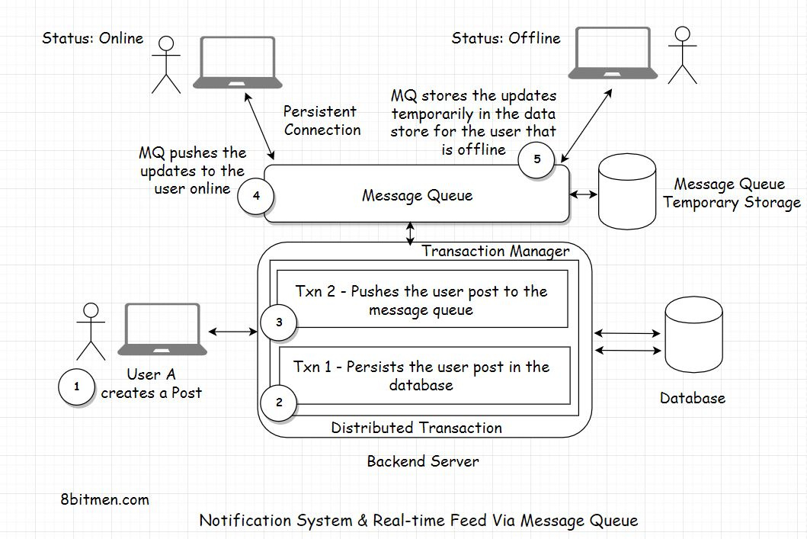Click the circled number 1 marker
click(76, 387)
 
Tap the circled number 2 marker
click(279, 402)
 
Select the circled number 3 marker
click(279, 322)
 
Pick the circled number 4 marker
click(256, 196)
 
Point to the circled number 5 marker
click(537, 159)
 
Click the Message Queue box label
click(417, 196)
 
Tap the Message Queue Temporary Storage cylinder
click(629, 193)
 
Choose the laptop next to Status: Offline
click(613, 53)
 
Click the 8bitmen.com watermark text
click(104, 500)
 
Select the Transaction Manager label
click(495, 251)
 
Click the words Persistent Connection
click(322, 120)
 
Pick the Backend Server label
click(423, 461)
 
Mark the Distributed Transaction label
click(416, 428)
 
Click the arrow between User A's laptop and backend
click(233, 331)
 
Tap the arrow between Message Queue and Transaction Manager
click(412, 233)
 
